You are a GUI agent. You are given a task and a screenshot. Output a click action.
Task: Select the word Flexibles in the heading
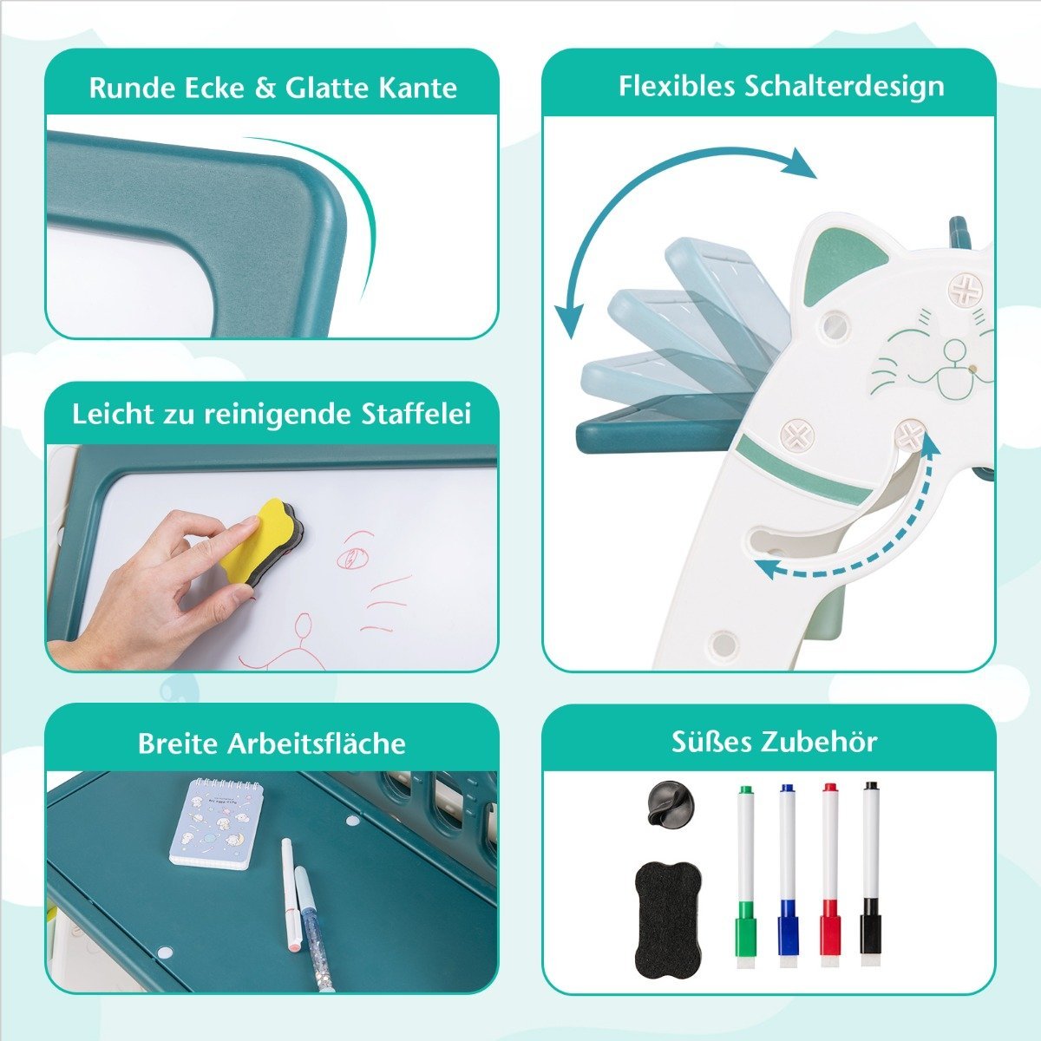[x=677, y=87]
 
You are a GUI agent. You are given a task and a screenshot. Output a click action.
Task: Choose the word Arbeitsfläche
[x=316, y=743]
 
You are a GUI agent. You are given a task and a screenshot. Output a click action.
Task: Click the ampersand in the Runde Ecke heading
[x=265, y=88]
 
